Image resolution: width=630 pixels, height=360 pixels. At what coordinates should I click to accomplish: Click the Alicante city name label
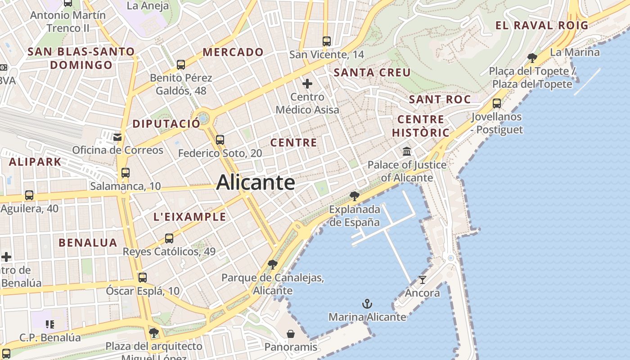pyautogui.click(x=256, y=183)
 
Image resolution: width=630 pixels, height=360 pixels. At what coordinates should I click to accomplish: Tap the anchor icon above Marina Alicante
pyautogui.click(x=367, y=304)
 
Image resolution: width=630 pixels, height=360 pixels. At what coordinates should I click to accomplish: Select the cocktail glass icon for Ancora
pyautogui.click(x=422, y=280)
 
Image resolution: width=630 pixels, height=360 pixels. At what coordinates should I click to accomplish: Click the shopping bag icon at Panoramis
pyautogui.click(x=291, y=334)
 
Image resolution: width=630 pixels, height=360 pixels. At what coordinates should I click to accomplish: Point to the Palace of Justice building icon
pyautogui.click(x=407, y=151)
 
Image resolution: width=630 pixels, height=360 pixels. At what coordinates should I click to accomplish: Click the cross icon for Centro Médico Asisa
pyautogui.click(x=307, y=84)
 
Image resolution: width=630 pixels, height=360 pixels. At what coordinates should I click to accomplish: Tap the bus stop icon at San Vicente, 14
pyautogui.click(x=327, y=41)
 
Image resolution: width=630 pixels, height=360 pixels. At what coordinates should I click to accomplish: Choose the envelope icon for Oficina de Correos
pyautogui.click(x=117, y=137)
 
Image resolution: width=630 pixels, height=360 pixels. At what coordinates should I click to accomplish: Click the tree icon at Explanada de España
pyautogui.click(x=355, y=196)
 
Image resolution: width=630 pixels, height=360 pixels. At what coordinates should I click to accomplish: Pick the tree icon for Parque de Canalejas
pyautogui.click(x=272, y=264)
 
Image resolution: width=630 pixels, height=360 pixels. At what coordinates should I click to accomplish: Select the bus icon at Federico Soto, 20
pyautogui.click(x=220, y=140)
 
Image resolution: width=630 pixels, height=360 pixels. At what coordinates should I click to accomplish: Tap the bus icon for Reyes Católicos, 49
pyautogui.click(x=169, y=238)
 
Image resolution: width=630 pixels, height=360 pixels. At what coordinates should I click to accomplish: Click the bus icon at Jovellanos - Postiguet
pyautogui.click(x=497, y=103)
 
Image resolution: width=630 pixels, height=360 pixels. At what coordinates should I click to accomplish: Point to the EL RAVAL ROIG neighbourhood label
pyautogui.click(x=542, y=26)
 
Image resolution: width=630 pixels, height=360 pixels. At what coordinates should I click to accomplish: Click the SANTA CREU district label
pyautogui.click(x=372, y=72)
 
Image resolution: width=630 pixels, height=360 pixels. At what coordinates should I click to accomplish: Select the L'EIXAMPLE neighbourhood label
pyautogui.click(x=189, y=217)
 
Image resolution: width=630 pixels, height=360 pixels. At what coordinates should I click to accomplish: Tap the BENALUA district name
pyautogui.click(x=88, y=243)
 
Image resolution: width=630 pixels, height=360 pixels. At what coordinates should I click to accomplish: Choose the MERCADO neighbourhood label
pyautogui.click(x=233, y=52)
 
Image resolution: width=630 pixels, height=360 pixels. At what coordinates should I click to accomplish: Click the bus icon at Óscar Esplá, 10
pyautogui.click(x=143, y=278)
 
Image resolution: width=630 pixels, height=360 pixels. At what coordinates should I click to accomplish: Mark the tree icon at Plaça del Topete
pyautogui.click(x=532, y=58)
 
